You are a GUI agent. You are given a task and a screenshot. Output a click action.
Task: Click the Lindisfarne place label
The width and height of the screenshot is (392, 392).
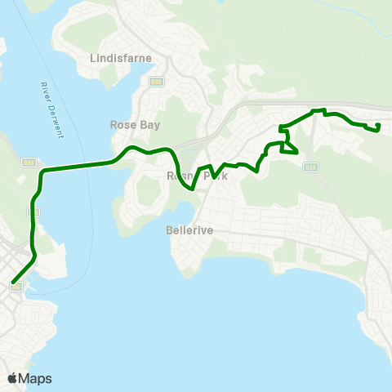point(117,58)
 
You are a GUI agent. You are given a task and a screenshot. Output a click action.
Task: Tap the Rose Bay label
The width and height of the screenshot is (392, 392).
point(135,125)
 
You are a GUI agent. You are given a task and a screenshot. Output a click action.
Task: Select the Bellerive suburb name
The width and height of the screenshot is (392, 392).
point(189,230)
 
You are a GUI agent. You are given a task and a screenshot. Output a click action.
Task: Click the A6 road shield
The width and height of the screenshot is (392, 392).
point(16,287)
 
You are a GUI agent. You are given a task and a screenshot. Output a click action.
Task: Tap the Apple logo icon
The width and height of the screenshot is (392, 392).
point(12,378)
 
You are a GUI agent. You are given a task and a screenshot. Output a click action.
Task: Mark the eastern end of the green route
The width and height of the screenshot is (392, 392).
point(378,126)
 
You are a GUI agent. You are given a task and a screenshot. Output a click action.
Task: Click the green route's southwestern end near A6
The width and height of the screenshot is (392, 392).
point(12,283)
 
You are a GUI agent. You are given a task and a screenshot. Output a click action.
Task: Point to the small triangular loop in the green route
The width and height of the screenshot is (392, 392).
point(288,148)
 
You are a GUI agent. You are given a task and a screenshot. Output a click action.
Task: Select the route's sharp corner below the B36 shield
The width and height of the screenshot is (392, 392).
point(43,171)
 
